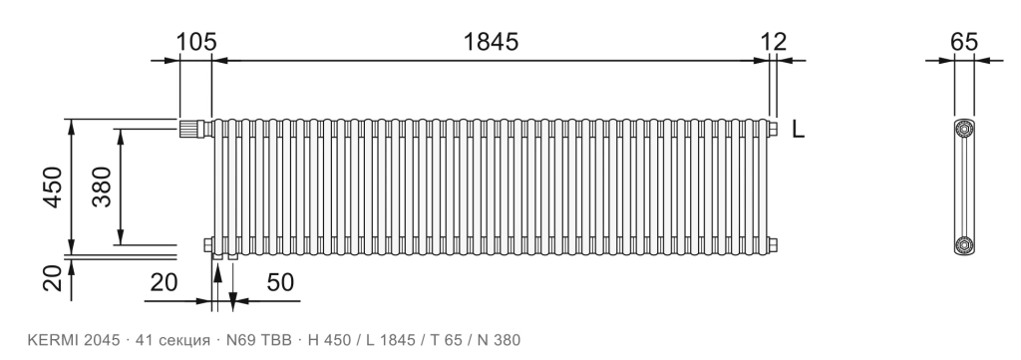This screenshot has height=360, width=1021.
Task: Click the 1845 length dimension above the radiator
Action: point(491,42)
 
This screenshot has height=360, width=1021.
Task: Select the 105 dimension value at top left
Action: point(196,42)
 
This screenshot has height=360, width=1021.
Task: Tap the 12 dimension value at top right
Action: point(774,42)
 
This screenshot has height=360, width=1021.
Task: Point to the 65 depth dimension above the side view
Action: point(964,42)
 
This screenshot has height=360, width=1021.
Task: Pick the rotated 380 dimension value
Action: point(102,186)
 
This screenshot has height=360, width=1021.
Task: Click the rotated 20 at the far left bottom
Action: point(55,278)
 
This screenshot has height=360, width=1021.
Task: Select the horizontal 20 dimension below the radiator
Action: point(165,283)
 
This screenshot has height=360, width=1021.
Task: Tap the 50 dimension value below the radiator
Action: point(280,283)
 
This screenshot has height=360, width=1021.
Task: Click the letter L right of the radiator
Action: point(799,129)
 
